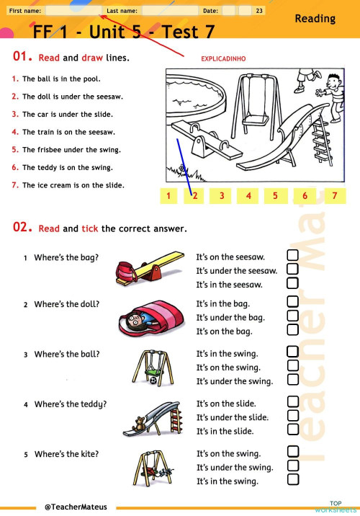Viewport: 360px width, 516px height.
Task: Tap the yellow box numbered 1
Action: pyautogui.click(x=168, y=195)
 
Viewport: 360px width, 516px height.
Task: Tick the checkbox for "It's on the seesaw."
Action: pyautogui.click(x=293, y=256)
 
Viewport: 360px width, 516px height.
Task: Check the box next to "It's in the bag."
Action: pyautogui.click(x=293, y=303)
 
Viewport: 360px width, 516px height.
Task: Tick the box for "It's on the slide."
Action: pyautogui.click(x=293, y=404)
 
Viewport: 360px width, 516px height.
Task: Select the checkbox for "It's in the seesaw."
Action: pyautogui.click(x=293, y=284)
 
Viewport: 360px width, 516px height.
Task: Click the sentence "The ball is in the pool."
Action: pyautogui.click(x=61, y=79)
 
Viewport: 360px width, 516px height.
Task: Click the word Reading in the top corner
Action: pyautogui.click(x=315, y=19)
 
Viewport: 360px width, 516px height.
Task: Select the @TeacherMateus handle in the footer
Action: pyautogui.click(x=76, y=507)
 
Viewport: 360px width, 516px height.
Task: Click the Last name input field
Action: pyautogui.click(x=168, y=11)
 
